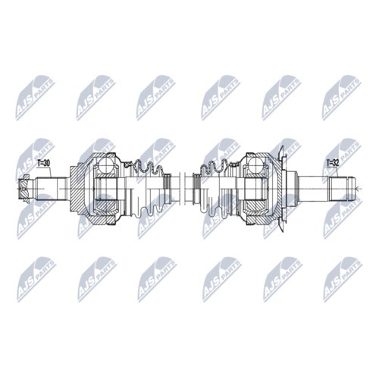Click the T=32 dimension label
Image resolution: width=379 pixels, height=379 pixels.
coord(333,163)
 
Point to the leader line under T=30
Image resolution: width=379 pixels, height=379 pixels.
coord(42,173)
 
